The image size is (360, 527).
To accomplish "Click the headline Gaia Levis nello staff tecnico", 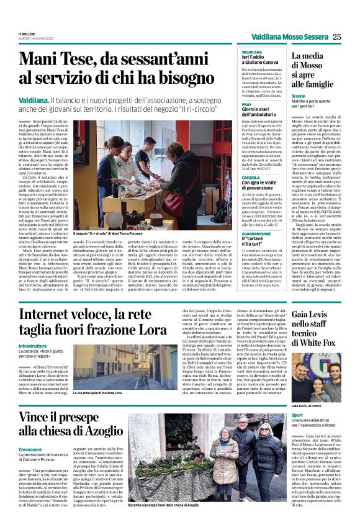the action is click(316, 328).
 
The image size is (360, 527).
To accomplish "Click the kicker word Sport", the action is click(297, 414).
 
